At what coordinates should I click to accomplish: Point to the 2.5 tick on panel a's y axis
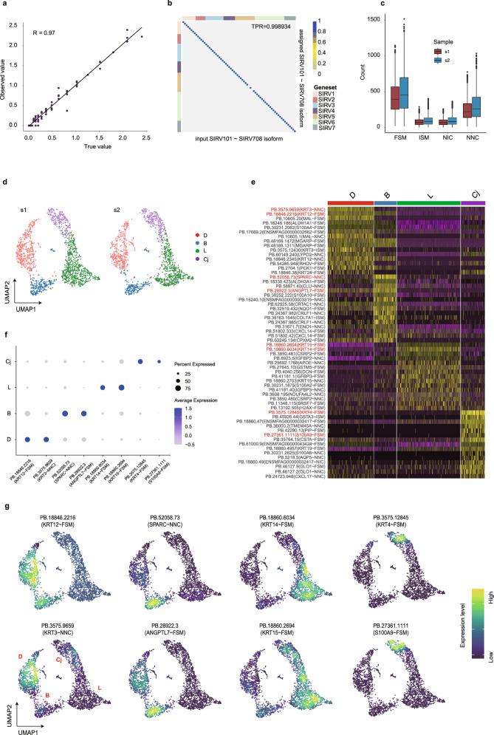(13, 24)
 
